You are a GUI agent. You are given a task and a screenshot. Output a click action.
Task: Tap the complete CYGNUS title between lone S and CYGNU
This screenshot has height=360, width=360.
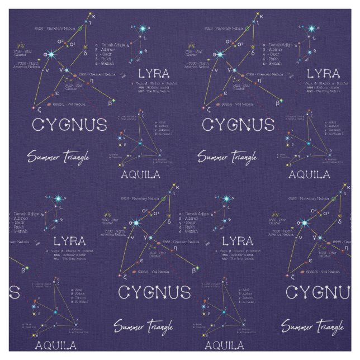pyautogui.click(x=154, y=292)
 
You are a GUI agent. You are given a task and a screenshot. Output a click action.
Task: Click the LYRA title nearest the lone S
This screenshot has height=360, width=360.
pyautogui.click(x=70, y=241)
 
